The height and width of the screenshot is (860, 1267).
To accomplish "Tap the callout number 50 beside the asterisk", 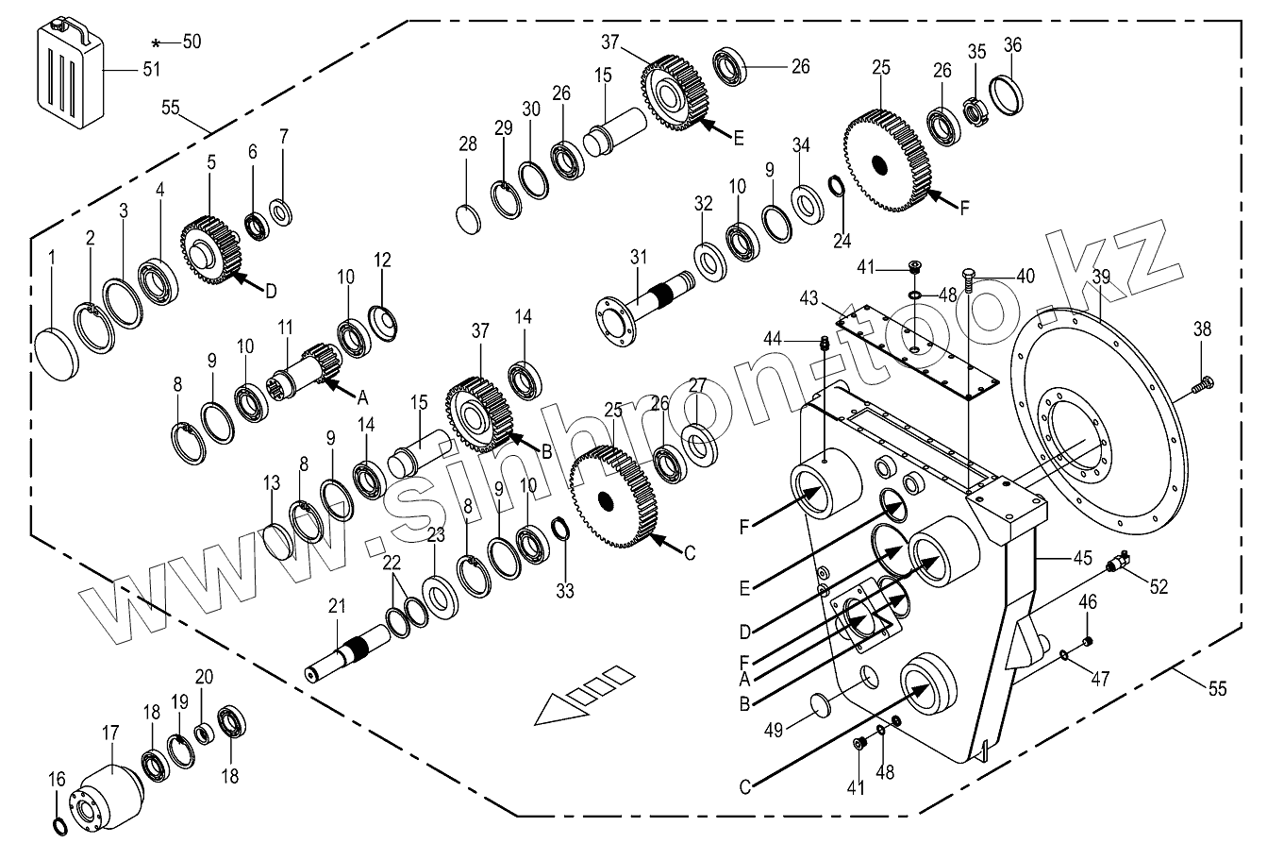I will tap(192, 42).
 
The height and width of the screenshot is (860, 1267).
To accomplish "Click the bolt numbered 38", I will tap(1205, 383).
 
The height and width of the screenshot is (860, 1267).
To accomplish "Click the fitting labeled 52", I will tap(1120, 564).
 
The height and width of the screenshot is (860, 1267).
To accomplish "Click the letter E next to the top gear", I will tap(739, 138).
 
